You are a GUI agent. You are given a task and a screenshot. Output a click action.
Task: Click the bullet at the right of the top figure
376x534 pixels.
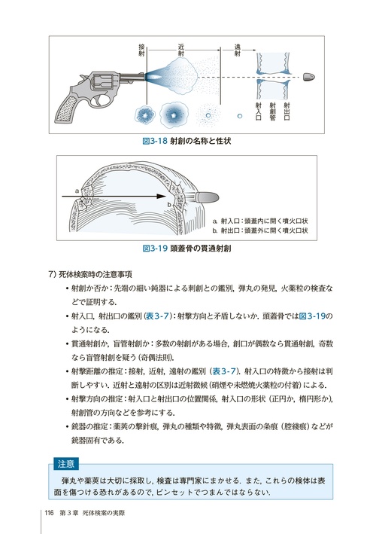[308, 77]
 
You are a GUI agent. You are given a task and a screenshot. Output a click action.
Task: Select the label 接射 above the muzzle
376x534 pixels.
[142, 50]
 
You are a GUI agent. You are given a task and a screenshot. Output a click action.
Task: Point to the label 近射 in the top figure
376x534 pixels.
[181, 50]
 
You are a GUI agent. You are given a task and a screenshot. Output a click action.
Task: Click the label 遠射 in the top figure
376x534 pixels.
[238, 50]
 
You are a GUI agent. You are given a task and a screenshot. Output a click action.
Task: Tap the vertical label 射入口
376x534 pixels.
[259, 111]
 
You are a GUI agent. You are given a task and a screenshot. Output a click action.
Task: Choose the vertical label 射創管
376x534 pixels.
[273, 111]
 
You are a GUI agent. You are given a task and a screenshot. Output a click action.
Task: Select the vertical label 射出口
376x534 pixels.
[287, 111]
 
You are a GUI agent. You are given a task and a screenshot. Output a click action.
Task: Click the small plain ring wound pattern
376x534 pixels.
[240, 116]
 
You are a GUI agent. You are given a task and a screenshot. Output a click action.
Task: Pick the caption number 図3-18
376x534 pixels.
[155, 141]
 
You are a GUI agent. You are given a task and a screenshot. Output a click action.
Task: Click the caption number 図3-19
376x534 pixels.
[155, 249]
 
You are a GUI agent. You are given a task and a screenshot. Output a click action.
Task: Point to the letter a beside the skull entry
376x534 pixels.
[77, 191]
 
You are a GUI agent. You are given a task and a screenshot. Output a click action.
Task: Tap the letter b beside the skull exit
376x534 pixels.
[169, 204]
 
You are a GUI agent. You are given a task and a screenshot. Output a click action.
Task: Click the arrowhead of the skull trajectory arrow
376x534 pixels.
[161, 196]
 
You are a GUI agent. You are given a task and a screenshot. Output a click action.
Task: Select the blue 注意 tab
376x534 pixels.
[66, 464]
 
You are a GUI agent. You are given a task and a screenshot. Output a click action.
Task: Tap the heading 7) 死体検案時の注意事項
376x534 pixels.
[91, 274]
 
